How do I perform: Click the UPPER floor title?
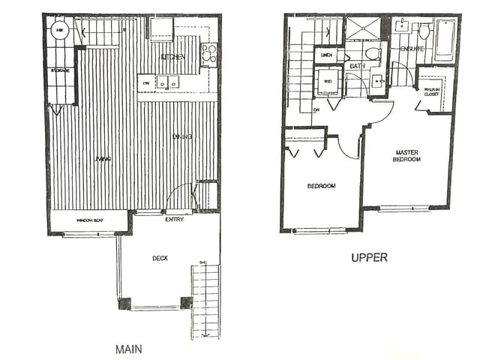coord(369,257)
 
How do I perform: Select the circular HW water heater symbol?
coord(60,31)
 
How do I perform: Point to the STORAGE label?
coord(61,71)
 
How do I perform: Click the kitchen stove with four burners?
coord(208,53)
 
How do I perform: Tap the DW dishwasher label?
coord(146,83)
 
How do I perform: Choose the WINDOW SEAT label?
coord(89,220)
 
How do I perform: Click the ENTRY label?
coord(173,220)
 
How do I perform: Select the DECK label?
coord(160,258)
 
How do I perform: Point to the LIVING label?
coord(103,158)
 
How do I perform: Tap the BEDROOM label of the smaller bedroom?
coord(321,185)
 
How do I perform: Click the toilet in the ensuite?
coord(424,31)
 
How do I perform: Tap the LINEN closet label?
coord(326,55)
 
